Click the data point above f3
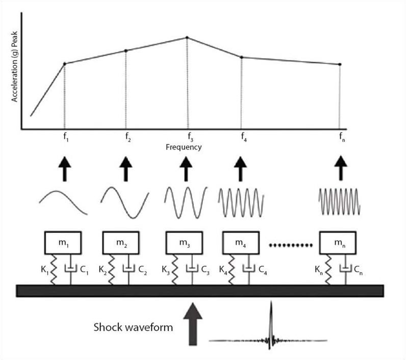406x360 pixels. click(187, 38)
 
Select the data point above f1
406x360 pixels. click(64, 64)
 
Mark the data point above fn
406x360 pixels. click(340, 64)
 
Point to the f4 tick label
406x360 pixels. click(243, 137)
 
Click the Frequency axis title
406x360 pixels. click(184, 147)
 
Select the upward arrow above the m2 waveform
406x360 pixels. click(125, 169)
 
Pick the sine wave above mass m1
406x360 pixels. click(64, 201)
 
